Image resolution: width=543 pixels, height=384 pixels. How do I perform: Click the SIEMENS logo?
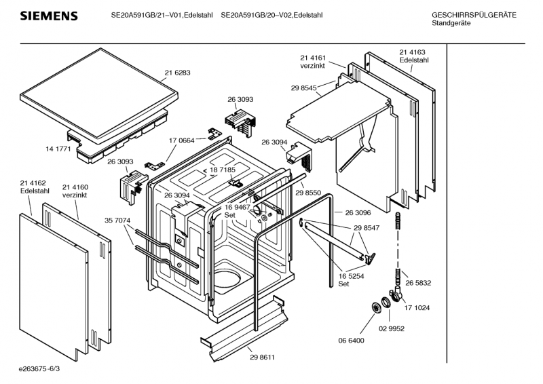click(48, 16)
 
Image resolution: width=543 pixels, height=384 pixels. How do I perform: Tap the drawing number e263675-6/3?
click(44, 370)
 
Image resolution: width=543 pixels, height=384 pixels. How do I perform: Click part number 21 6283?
click(177, 73)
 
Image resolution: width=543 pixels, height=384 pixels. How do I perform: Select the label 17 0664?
click(182, 140)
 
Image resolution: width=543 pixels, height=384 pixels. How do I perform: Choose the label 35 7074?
click(118, 220)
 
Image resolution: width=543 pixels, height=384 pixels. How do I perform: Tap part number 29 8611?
click(262, 357)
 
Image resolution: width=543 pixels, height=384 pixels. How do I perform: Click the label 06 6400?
click(351, 340)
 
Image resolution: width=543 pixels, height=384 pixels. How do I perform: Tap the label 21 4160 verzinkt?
click(75, 191)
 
